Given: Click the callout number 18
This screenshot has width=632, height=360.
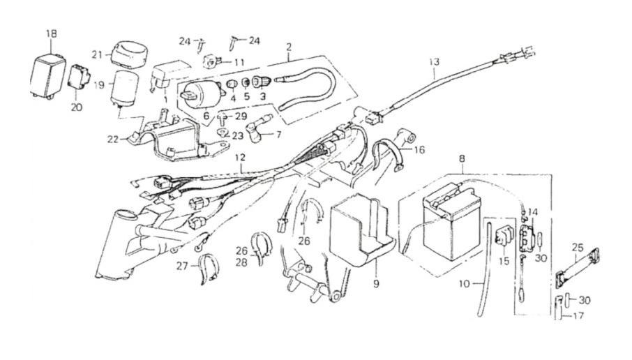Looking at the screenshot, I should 52,33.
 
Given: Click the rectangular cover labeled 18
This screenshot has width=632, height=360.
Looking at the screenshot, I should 50,70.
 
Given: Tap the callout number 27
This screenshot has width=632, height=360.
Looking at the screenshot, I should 182,265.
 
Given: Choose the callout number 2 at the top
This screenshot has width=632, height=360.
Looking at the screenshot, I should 288,46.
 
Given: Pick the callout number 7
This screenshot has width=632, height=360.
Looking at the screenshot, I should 279,133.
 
